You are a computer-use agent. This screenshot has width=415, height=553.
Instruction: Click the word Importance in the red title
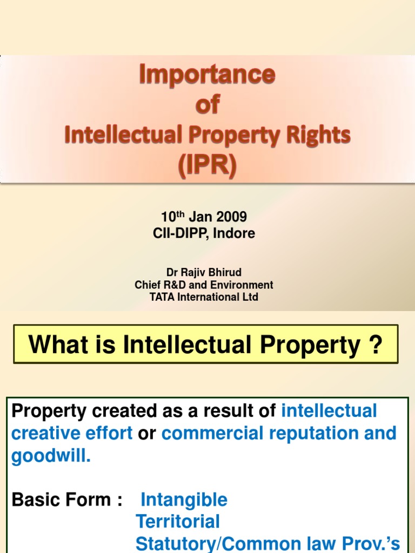coord(208,75)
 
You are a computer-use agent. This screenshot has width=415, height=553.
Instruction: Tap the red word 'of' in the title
coord(208,104)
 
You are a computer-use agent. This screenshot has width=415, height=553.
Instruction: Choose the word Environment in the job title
coord(242,285)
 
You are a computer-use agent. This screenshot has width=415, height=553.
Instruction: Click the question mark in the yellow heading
coord(376,345)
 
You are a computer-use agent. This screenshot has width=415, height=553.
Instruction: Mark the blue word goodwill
coord(50,456)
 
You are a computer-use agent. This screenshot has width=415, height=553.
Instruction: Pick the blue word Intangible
coord(184,500)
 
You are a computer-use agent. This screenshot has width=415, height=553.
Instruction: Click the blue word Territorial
coord(178,522)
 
